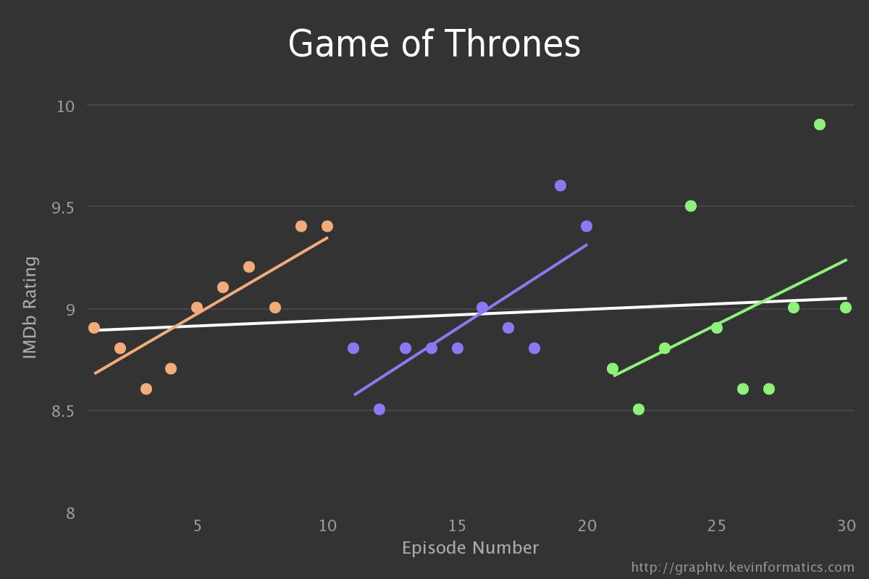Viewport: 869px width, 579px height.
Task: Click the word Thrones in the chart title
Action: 512,44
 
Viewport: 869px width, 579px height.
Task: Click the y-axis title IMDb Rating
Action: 30,307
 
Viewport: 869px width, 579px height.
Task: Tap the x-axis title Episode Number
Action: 470,548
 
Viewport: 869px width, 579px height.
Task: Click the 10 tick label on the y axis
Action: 65,106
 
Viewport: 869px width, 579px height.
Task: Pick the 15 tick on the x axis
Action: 457,525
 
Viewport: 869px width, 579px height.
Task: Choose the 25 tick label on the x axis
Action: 716,525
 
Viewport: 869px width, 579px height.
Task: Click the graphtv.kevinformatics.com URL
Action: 742,567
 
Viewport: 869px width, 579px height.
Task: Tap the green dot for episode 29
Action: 820,124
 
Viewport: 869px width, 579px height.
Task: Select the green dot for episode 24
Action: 691,206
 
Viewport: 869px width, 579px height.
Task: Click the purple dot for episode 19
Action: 561,186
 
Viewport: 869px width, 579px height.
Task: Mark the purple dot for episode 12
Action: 379,410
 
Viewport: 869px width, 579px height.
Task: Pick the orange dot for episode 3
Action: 146,389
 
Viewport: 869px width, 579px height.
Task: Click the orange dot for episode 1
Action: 94,328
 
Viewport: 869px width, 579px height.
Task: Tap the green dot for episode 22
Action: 639,410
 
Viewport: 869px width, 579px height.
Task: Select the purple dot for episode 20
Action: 587,227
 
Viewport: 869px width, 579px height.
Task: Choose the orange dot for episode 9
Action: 301,227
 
